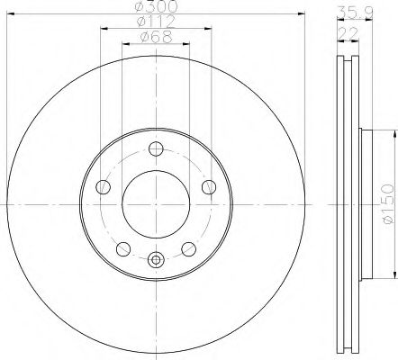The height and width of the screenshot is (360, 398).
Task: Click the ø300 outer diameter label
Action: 156,6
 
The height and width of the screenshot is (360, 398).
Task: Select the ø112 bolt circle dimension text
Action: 156,22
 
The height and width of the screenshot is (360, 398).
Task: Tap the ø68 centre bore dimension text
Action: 156,37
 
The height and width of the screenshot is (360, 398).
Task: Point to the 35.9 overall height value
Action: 355,13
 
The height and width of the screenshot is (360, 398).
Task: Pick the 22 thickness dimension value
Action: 348,33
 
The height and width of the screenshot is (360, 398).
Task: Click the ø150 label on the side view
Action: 388,203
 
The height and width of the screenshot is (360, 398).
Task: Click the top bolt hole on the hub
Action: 156,148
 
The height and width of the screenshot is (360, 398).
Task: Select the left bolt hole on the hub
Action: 103,187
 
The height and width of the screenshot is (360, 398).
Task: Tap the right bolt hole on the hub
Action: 209,187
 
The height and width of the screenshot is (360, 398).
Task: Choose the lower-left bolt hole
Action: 123,249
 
